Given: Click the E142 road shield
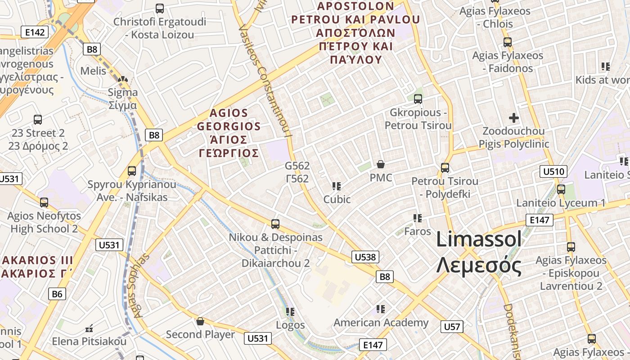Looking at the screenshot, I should (x=35, y=32).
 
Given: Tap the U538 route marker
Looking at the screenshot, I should (x=365, y=257).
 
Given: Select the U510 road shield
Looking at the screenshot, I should (x=553, y=171).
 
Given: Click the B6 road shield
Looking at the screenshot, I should (x=57, y=294).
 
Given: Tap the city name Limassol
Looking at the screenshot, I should (x=479, y=239).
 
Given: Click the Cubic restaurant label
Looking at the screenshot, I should (x=337, y=199).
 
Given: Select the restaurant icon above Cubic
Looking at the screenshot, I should (x=336, y=186).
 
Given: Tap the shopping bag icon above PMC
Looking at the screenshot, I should (x=381, y=164).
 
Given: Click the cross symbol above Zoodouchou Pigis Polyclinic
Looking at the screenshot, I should (x=513, y=118).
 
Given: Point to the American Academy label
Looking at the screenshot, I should (x=381, y=323).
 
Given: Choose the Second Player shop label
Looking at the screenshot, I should (x=200, y=334).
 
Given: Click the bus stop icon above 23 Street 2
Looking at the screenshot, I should (x=38, y=120).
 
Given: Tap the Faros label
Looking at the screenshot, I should (x=418, y=231).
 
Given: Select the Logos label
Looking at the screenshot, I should (x=290, y=325).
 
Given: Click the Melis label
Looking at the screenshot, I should (x=93, y=71).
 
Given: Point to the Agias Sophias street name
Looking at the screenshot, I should (x=141, y=285).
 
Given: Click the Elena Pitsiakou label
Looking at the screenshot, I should (x=89, y=342).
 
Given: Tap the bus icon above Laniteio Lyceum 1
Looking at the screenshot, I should (x=561, y=189).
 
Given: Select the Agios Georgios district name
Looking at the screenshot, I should (x=229, y=133).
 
